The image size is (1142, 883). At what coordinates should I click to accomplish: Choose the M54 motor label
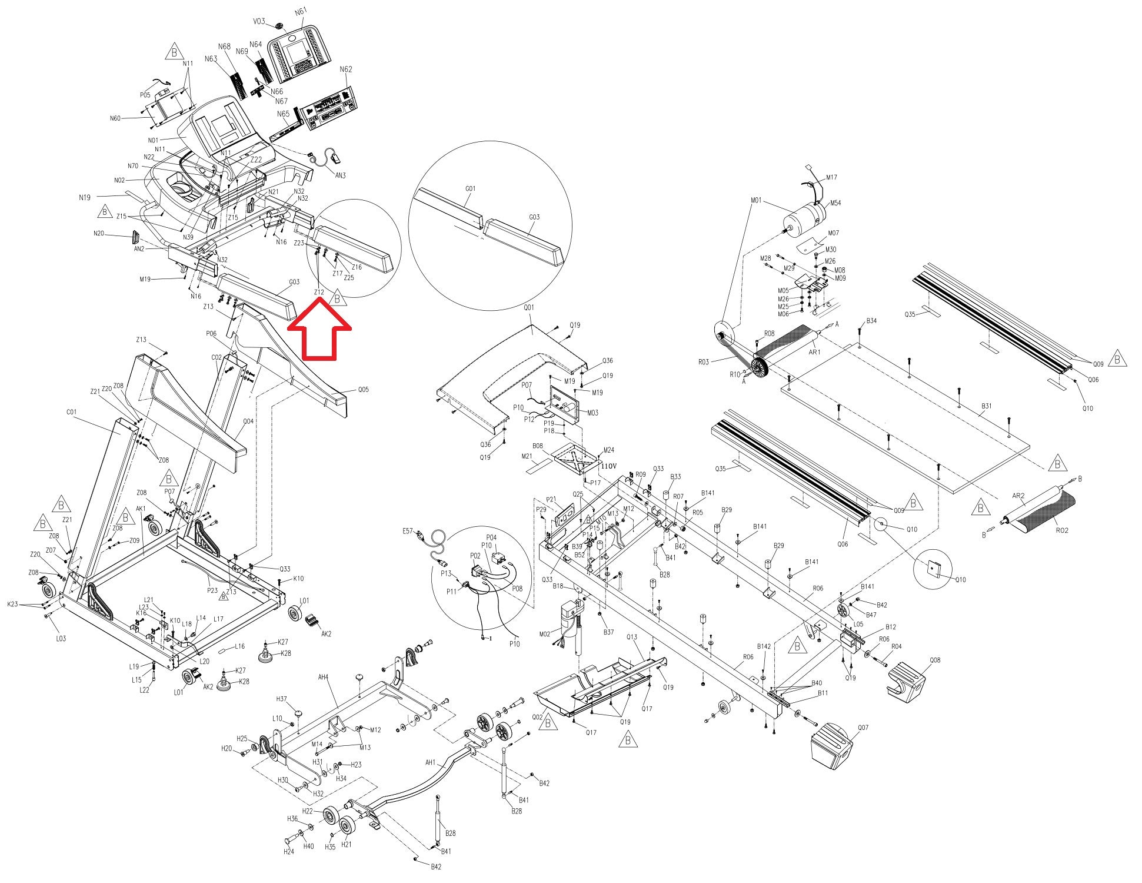[835, 203]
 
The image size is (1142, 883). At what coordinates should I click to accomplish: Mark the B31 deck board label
[987, 406]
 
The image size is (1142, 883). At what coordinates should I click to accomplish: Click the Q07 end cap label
[863, 728]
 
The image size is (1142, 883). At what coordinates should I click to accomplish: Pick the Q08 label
[935, 660]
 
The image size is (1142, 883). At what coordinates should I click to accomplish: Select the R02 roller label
[1061, 530]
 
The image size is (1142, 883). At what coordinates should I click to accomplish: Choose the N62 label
[346, 69]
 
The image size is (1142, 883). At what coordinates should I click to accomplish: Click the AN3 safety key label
[340, 175]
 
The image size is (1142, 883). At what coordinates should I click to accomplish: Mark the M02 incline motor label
[544, 633]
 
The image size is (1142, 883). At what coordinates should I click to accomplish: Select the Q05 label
[364, 390]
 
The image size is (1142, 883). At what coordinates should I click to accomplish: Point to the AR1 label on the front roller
[814, 353]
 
